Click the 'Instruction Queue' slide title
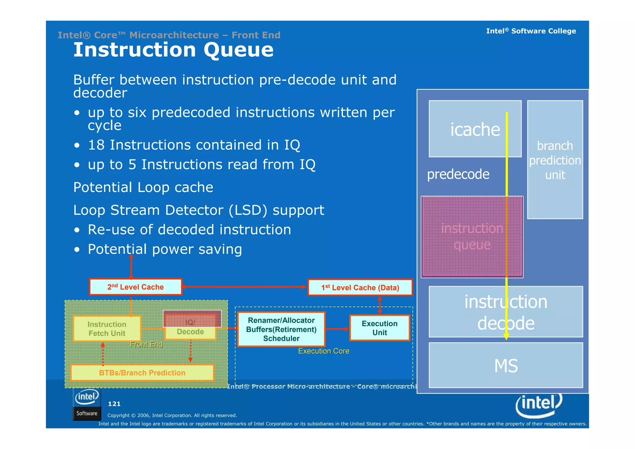click(x=173, y=50)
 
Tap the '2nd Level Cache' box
click(x=135, y=287)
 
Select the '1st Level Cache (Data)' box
click(x=360, y=288)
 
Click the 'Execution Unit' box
click(x=380, y=328)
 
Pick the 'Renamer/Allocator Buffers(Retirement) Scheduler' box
click(x=281, y=329)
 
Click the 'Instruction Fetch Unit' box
click(x=107, y=329)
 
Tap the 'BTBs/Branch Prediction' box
click(x=142, y=373)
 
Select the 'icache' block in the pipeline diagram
click(x=475, y=129)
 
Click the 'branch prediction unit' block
click(x=555, y=160)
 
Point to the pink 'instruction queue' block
click(x=472, y=237)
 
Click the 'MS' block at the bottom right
click(x=506, y=366)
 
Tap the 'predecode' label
click(x=458, y=174)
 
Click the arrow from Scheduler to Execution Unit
click(x=337, y=329)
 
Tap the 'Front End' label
click(x=146, y=344)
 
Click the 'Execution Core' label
click(x=323, y=351)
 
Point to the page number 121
click(x=114, y=404)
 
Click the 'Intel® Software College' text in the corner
click(x=531, y=31)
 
